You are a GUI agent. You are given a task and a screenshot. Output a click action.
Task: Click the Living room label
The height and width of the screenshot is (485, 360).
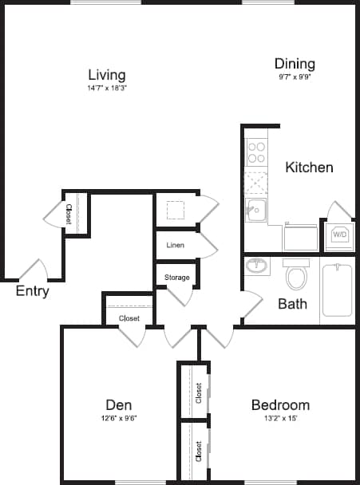107,74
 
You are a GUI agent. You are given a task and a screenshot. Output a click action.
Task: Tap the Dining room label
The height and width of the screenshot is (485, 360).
295,64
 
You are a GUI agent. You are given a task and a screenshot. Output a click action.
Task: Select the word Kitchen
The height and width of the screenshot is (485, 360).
309,168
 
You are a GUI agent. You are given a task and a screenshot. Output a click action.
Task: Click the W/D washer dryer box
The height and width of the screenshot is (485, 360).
339,235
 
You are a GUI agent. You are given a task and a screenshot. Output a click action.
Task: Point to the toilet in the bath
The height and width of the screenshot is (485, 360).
296,276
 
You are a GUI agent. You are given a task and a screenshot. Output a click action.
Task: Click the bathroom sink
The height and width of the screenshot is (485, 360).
257,266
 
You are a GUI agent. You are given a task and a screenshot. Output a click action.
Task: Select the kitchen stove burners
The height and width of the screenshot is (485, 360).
256,152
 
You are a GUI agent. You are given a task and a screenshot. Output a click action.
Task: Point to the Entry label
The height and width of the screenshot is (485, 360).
33,291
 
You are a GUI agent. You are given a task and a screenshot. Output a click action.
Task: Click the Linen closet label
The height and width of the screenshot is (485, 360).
176,245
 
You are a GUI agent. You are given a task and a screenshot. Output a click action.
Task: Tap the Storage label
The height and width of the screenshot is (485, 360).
176,278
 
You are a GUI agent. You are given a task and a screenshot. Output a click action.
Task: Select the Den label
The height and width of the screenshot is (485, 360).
118,404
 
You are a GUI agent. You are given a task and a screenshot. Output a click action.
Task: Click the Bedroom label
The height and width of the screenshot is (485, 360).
279,404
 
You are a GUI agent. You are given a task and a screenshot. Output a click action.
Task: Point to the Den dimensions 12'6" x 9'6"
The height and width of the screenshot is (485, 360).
118,417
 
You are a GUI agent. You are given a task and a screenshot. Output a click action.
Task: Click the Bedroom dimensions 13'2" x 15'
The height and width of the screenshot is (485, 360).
279,417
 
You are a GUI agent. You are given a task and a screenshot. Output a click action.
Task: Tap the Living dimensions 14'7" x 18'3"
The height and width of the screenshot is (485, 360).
107,88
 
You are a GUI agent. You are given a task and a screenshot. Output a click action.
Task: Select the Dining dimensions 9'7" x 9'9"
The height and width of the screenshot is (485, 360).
295,77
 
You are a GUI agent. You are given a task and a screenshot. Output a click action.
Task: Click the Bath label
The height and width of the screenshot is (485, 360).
292,304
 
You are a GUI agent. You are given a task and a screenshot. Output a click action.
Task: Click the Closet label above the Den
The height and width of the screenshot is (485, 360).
129,318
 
